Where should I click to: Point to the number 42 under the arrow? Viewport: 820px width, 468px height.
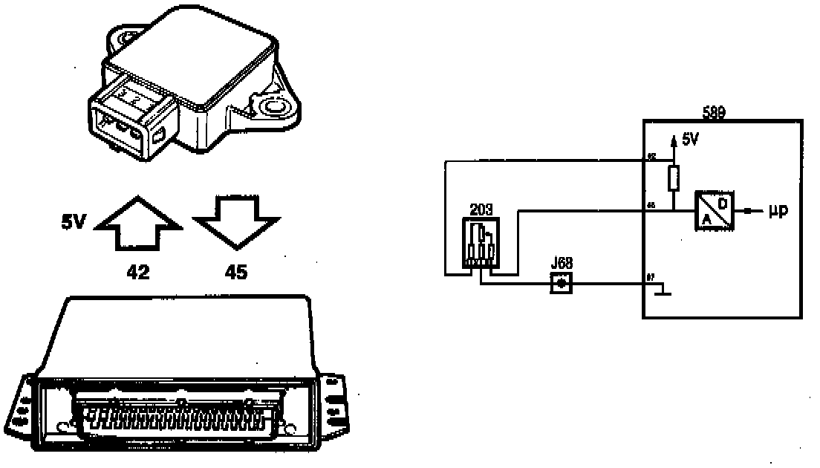(x=138, y=273)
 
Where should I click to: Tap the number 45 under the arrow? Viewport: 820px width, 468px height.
(x=235, y=273)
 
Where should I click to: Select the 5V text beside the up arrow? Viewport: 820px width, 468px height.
(x=76, y=221)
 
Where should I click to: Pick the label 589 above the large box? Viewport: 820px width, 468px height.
(x=715, y=113)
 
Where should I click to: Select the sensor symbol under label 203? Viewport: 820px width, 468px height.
(x=481, y=243)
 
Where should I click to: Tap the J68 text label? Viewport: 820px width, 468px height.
(x=562, y=264)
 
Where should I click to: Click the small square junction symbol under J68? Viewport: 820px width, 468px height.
(x=562, y=283)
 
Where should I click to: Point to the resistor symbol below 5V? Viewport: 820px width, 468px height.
(x=674, y=178)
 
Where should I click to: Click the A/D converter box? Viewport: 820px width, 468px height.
(x=713, y=211)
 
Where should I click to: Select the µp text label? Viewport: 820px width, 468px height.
(x=778, y=212)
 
